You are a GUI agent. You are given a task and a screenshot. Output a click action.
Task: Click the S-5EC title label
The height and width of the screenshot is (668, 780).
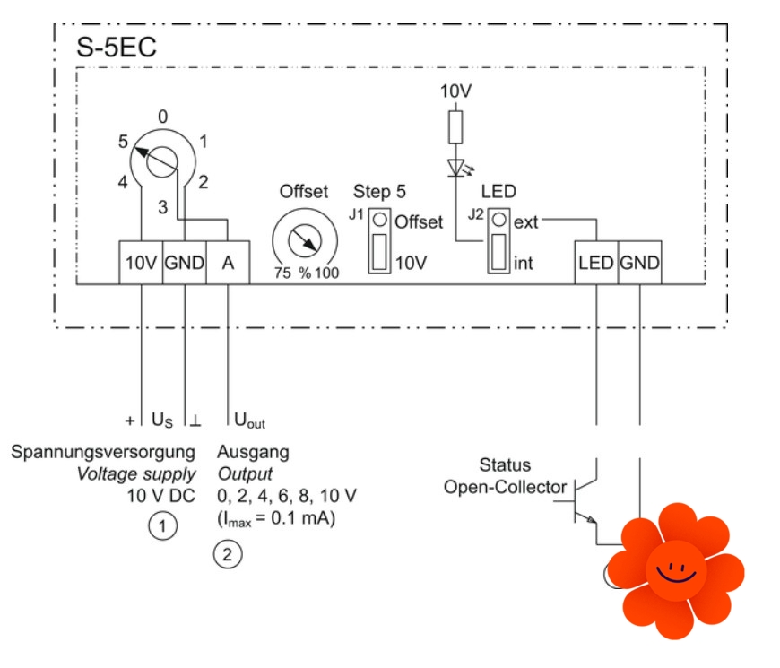point(117,48)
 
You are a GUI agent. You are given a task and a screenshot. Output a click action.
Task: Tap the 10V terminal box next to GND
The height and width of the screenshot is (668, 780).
point(141,264)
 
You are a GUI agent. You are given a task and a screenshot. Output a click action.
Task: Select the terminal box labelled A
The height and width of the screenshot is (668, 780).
point(228,264)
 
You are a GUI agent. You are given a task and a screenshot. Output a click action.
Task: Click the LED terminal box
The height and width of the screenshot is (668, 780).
point(596,264)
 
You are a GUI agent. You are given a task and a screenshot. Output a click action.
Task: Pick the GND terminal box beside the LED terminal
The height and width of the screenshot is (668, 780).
point(639,264)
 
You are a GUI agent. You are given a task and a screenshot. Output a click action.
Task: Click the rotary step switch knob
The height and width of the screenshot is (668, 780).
point(160,161)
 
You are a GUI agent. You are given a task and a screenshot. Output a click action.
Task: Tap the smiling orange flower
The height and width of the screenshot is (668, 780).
point(675,570)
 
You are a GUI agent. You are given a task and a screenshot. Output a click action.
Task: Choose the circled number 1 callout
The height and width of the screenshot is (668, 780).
point(161,526)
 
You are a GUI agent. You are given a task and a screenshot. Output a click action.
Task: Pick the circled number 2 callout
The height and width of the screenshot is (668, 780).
point(227,554)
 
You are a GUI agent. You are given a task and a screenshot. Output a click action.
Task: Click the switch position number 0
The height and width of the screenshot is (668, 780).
point(162,117)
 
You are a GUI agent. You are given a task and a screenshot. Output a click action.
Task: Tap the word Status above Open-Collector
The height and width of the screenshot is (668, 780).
point(505,465)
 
